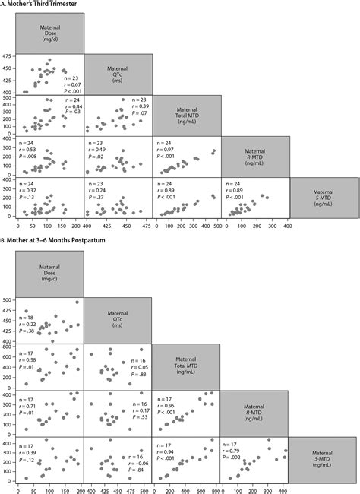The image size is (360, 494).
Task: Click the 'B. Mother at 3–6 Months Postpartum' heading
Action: point(62,245)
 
